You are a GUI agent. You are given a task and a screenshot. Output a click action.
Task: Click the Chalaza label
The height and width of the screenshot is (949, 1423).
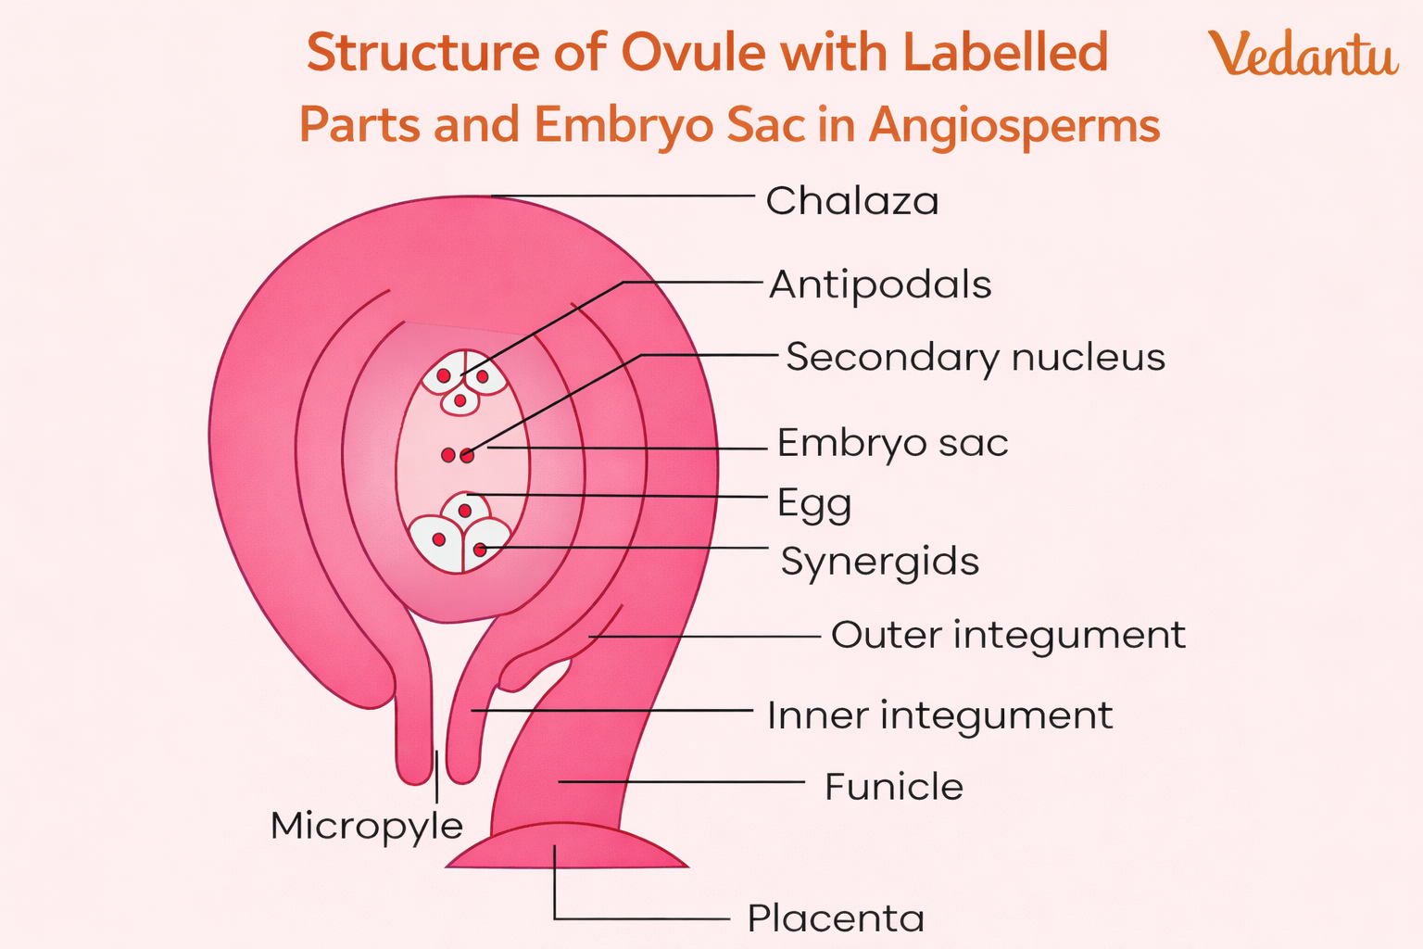point(852,201)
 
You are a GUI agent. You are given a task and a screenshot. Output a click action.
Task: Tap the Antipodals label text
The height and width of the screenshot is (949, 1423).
point(880,285)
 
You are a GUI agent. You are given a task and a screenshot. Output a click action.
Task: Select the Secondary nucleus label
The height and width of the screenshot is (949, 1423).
point(975,358)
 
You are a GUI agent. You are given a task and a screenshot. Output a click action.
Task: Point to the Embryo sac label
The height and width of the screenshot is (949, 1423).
point(892,443)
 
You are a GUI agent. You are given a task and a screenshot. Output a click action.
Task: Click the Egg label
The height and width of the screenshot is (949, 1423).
point(813,503)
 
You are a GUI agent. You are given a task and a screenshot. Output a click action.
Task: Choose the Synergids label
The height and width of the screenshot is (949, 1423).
point(879,562)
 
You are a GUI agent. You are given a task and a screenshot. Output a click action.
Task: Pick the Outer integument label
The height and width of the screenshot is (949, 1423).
point(1008,636)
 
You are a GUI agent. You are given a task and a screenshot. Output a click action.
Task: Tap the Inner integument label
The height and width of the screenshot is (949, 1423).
point(939,715)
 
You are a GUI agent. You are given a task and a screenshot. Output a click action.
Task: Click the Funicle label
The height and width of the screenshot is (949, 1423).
point(894,787)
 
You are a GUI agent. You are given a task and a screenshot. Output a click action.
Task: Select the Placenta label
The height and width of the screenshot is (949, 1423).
point(836,919)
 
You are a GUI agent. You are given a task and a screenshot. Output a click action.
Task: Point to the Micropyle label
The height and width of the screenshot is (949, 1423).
point(367,826)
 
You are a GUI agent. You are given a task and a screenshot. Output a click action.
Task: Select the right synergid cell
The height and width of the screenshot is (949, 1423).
point(485,545)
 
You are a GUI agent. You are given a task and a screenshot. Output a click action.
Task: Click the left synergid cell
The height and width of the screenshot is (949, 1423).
point(436,542)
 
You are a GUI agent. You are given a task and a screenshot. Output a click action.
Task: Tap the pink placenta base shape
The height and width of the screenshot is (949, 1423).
point(567,848)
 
